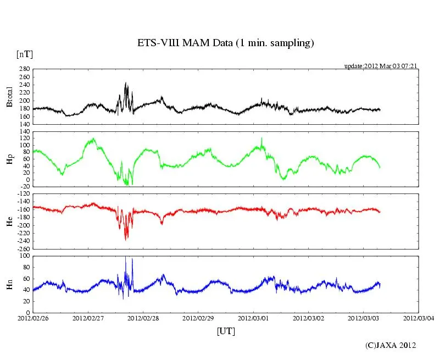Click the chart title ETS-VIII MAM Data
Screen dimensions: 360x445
(x=225, y=43)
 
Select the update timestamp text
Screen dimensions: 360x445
(x=380, y=65)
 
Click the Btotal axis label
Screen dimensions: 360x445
(x=9, y=97)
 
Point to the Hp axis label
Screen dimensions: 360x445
(x=9, y=159)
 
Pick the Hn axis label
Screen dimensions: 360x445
(x=9, y=284)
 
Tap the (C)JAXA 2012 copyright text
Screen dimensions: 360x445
(x=390, y=345)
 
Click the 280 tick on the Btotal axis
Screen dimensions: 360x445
(x=24, y=69)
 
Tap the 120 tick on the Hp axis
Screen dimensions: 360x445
(x=24, y=132)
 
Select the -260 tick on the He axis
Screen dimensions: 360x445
(x=23, y=248)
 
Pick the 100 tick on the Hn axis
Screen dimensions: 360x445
(x=24, y=256)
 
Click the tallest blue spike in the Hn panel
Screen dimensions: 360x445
(x=126, y=258)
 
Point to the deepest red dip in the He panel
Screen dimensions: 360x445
(x=126, y=239)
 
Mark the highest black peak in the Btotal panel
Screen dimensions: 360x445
(x=126, y=84)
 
